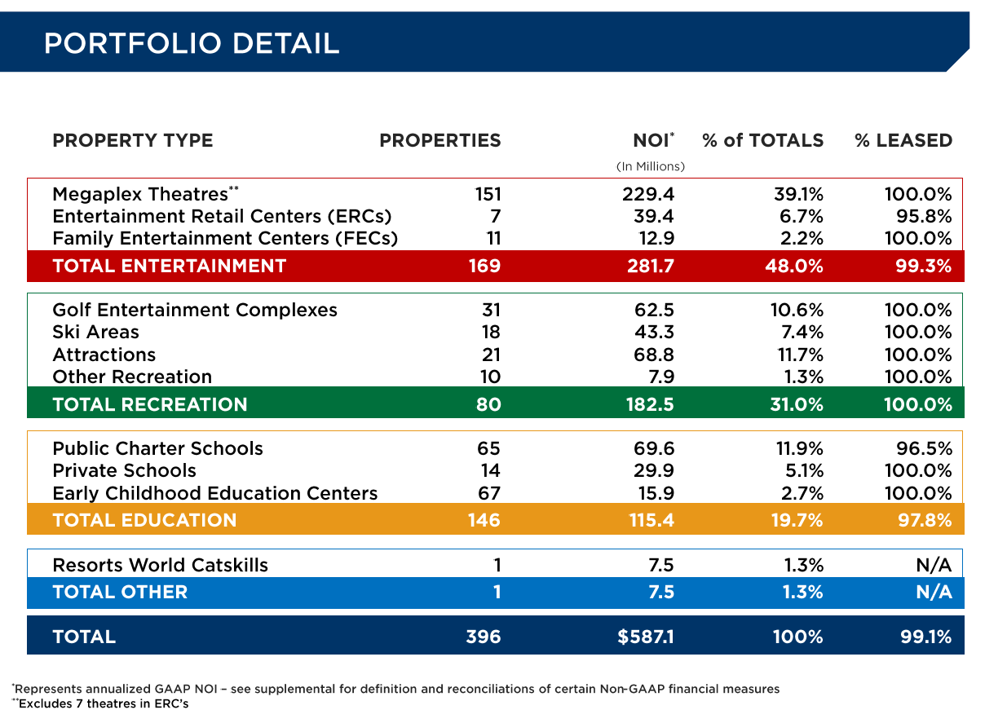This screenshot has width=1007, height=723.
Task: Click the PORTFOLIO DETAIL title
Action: pos(192,42)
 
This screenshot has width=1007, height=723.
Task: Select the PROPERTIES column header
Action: pos(439,140)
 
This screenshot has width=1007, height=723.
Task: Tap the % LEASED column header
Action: pos(903,140)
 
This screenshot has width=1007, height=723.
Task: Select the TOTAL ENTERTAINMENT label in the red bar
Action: pos(169,266)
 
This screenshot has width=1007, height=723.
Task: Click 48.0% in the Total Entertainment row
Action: pos(797,266)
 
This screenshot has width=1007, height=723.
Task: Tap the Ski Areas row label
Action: pos(95,332)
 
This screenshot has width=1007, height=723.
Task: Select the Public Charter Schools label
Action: pos(157,448)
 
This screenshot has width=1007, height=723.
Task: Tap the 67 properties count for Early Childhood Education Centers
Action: pos(488,493)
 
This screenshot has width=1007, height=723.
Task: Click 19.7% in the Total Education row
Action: pos(797,520)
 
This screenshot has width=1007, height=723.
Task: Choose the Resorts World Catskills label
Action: pos(160,565)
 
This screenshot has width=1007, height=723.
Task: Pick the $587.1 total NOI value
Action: pos(646,637)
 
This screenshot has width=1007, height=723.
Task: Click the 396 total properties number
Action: pos(483,637)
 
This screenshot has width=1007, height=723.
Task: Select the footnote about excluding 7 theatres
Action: pos(100,703)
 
